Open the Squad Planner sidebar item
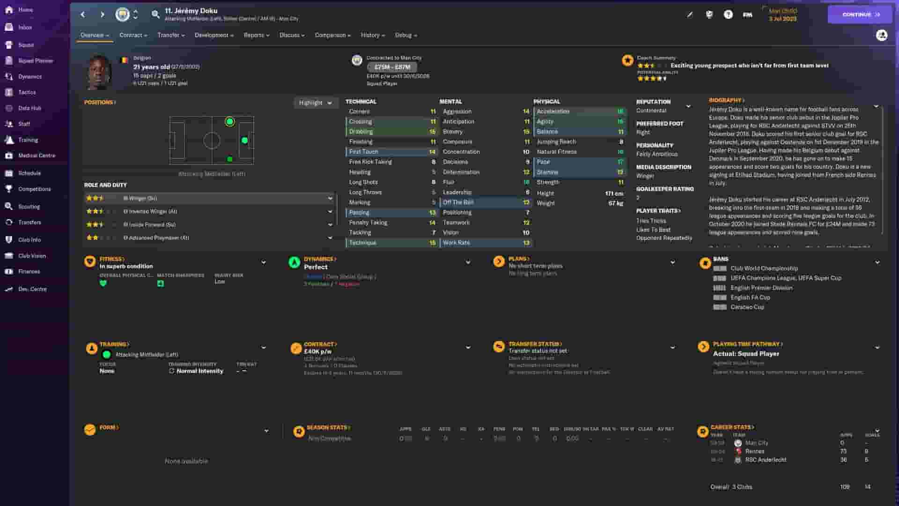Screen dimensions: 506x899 pos(35,61)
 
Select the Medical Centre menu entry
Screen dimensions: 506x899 pos(36,156)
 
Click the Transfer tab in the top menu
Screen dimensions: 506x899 pos(170,35)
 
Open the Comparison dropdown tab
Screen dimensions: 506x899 pos(332,35)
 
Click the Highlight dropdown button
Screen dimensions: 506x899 pos(315,103)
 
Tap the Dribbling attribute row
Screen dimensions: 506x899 pos(391,132)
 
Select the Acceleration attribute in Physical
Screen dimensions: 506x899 pos(579,112)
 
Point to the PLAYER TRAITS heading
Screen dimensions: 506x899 pos(658,211)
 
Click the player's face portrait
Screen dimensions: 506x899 pos(99,73)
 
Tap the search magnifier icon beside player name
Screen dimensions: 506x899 pos(155,15)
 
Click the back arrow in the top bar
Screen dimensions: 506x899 pos(83,15)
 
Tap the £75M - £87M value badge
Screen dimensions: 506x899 pos(392,67)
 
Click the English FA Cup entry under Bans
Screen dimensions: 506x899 pos(750,298)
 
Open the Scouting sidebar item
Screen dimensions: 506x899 pos(29,207)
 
